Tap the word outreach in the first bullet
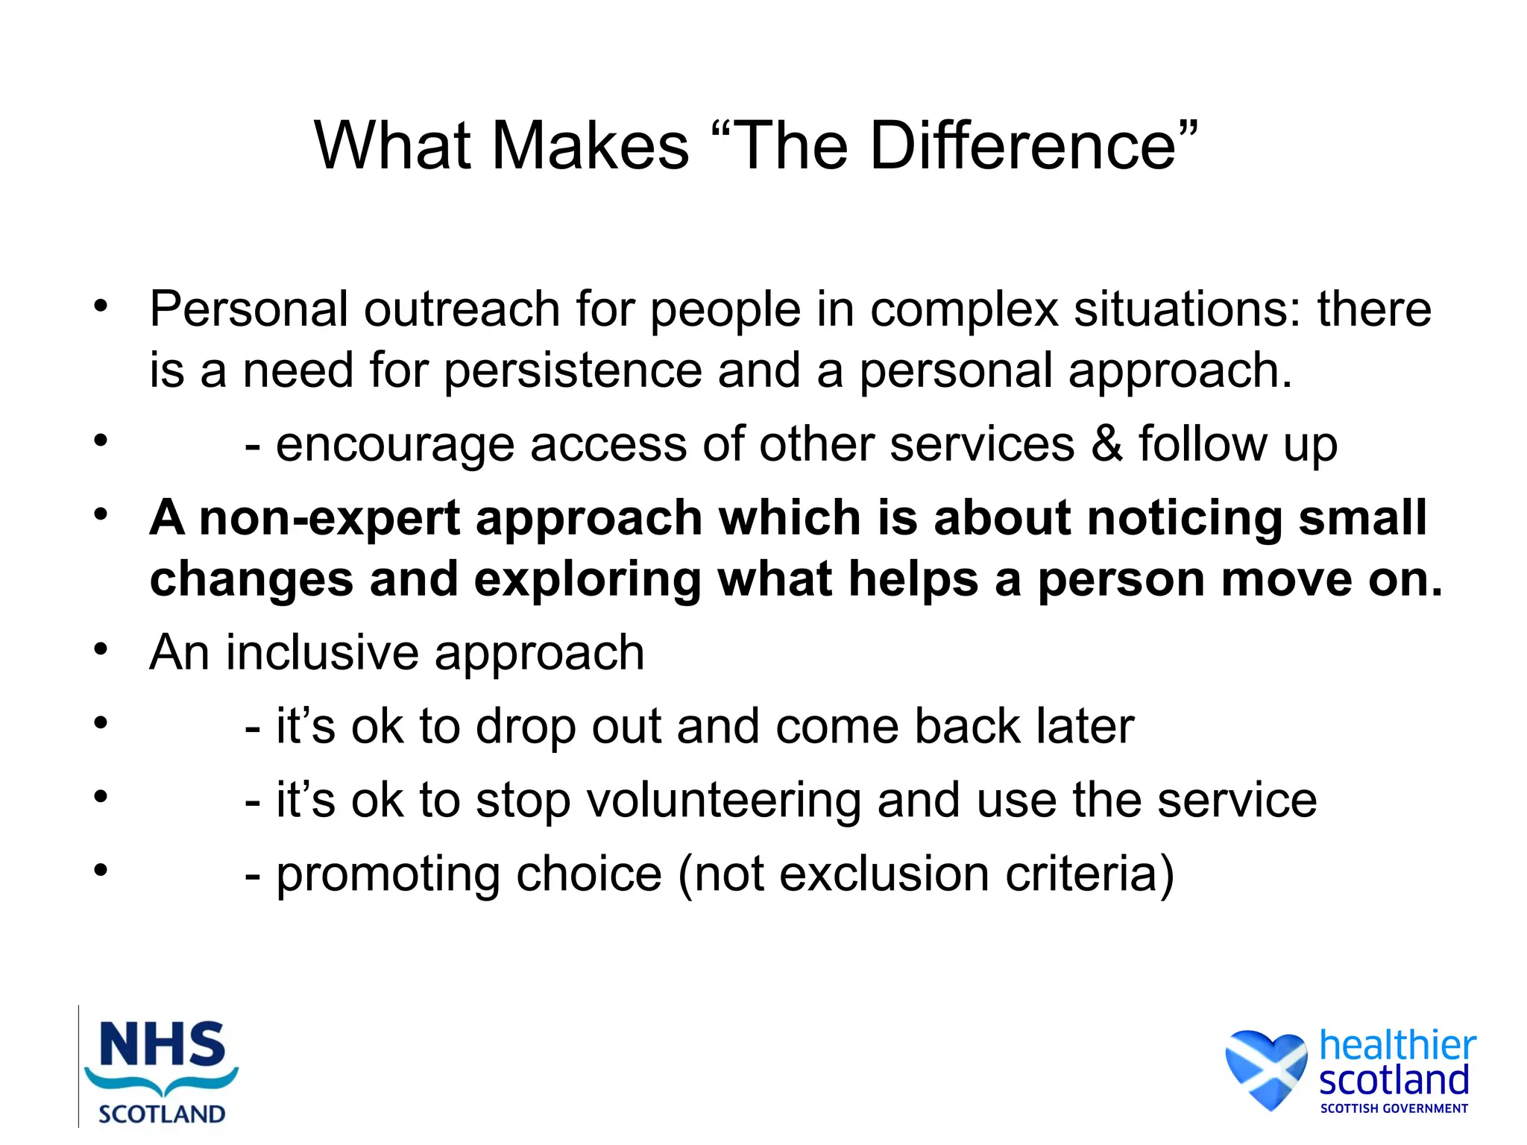tap(462, 309)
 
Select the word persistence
tap(573, 370)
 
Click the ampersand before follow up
tap(1106, 444)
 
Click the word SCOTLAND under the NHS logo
tap(162, 1114)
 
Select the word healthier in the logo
tap(1397, 1045)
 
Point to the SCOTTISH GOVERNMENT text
tap(1394, 1108)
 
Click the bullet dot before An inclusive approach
tap(101, 649)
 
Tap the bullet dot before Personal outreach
tap(101, 306)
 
